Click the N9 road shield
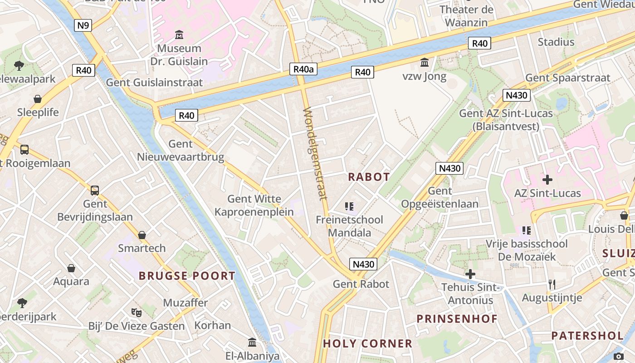(83, 25)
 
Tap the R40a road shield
(303, 69)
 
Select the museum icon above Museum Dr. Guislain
(179, 34)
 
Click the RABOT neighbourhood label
(369, 177)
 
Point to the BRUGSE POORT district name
(187, 275)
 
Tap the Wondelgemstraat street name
(315, 153)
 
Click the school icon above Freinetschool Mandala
(349, 206)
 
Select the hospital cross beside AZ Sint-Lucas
(547, 179)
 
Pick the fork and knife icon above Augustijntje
(552, 285)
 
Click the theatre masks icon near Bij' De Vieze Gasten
(137, 312)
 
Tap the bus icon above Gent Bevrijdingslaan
(94, 190)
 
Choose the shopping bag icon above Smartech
(142, 235)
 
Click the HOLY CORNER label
(367, 343)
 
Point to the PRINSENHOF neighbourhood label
(457, 319)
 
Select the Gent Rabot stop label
(361, 284)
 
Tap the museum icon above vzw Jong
(425, 62)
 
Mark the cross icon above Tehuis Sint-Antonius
(470, 274)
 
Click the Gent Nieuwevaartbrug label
(181, 151)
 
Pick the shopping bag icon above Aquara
(71, 268)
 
